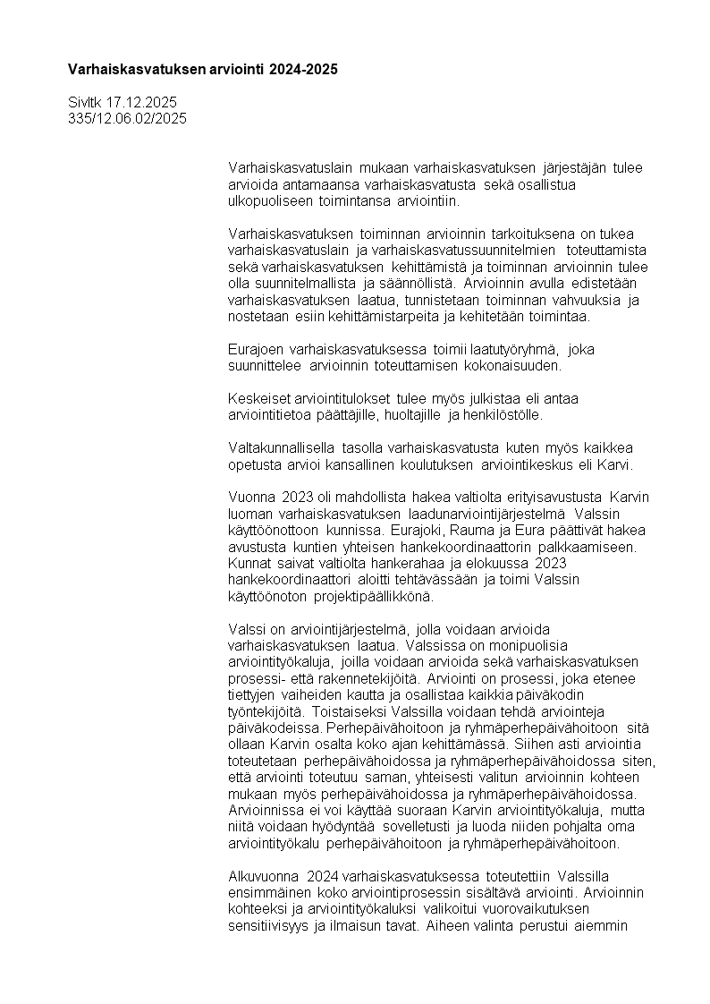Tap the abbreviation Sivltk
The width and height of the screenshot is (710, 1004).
[85, 103]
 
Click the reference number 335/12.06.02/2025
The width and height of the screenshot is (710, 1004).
[127, 118]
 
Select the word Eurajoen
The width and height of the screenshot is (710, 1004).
[255, 350]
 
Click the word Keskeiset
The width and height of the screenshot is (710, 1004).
[258, 399]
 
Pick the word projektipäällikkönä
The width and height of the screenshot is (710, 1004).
[373, 595]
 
